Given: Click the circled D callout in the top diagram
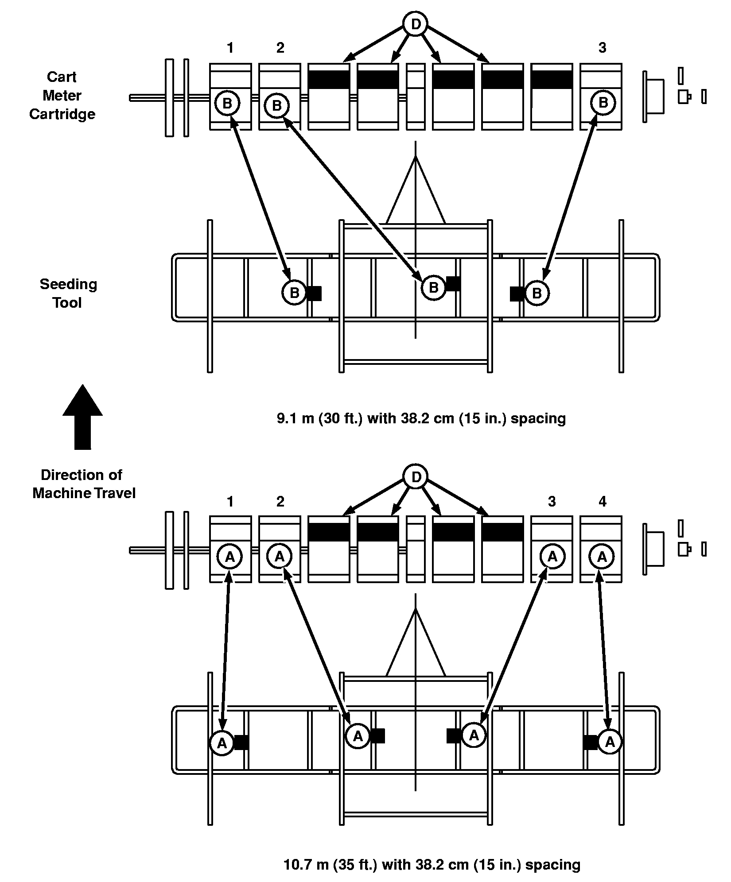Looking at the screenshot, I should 415,24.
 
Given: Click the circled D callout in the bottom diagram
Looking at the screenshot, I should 415,477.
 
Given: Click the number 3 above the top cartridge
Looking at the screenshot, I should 602,48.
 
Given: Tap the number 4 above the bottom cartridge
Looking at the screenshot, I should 602,501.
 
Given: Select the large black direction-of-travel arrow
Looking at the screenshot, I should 82,417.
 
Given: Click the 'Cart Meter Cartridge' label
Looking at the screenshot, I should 62,95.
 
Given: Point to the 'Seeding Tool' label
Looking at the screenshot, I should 68,293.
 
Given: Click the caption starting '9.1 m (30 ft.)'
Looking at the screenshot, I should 421,418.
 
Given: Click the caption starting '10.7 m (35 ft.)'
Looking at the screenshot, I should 432,864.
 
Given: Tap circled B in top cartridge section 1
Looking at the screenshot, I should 227,104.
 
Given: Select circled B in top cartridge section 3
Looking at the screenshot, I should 603,103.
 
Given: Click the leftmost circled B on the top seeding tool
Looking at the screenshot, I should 294,293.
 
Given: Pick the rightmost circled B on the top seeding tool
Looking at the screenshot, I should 537,293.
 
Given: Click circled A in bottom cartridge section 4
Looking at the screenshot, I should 602,557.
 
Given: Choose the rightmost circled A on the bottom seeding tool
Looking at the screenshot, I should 610,741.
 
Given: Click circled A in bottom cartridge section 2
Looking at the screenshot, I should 280,557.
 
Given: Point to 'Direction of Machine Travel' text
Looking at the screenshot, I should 83,484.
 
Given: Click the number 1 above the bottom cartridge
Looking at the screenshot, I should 230,501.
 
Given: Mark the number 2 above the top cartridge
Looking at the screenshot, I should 280,48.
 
